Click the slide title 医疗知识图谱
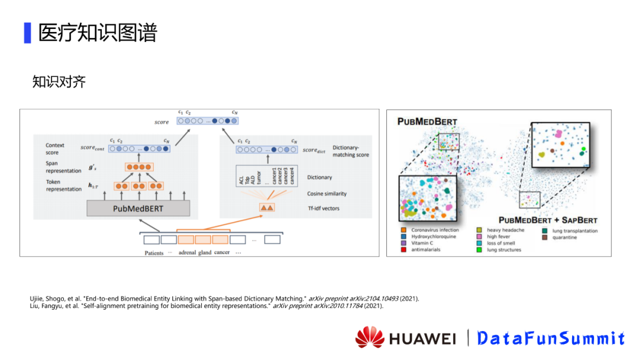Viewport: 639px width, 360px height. click(x=98, y=33)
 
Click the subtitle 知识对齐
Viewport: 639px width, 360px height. click(x=59, y=82)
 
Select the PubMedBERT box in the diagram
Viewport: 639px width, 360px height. click(x=138, y=208)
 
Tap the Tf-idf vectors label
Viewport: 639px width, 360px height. click(x=323, y=208)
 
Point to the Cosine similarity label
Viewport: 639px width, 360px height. click(x=327, y=194)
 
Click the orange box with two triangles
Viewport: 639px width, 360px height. click(x=267, y=208)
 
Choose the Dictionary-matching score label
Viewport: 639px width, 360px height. click(x=350, y=151)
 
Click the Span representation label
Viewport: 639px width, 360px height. click(x=63, y=167)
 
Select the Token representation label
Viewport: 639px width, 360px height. click(x=64, y=185)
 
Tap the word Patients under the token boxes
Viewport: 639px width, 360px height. click(x=154, y=253)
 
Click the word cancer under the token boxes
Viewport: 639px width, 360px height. click(x=222, y=253)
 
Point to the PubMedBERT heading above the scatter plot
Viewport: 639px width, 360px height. click(x=427, y=122)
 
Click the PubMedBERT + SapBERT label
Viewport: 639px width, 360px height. click(x=548, y=220)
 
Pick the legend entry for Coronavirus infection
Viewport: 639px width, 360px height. click(x=435, y=230)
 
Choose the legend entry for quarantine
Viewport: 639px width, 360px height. click(x=564, y=237)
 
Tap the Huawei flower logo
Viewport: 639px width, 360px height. click(x=370, y=337)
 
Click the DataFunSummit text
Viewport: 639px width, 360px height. click(x=551, y=338)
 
